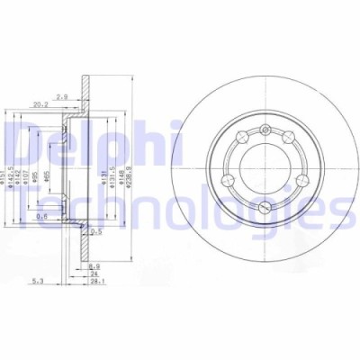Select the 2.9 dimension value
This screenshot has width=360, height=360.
[88, 94]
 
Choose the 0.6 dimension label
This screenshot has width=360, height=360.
[42, 215]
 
